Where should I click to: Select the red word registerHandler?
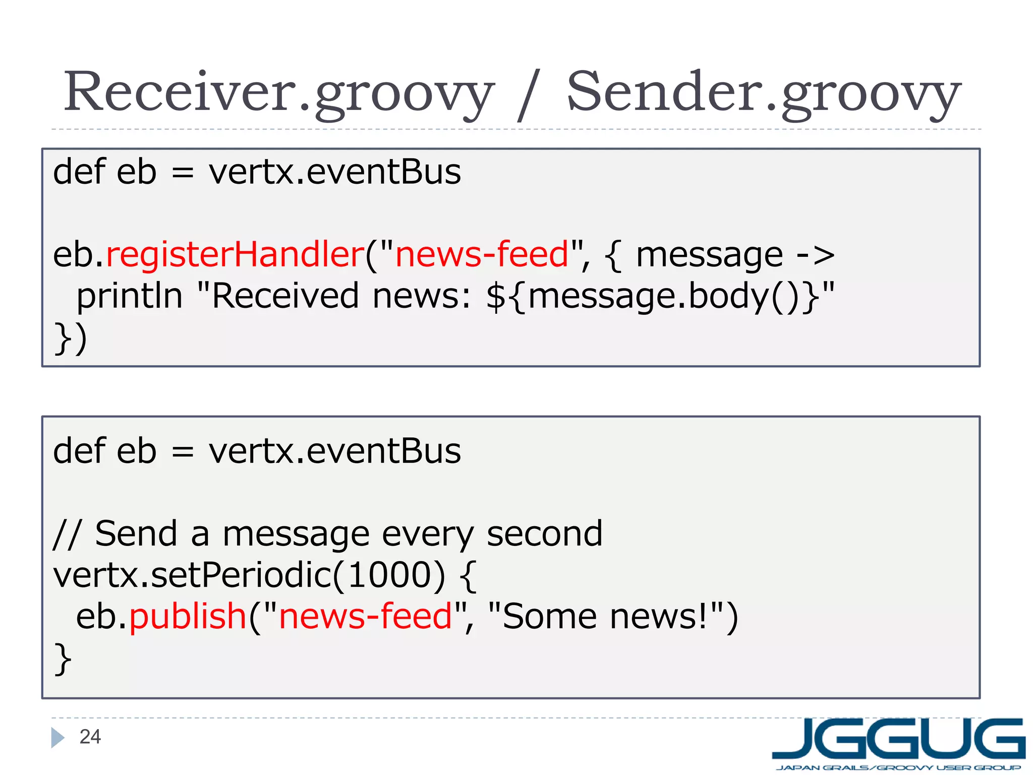pos(235,254)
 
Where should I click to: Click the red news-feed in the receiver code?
pos(482,254)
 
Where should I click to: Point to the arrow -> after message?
pos(815,255)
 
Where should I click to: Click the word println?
pos(129,296)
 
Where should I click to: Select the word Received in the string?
pos(285,296)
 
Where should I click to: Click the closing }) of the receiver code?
pos(71,338)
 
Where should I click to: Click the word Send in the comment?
pos(136,534)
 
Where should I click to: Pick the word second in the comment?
pos(544,534)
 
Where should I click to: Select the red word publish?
pos(188,617)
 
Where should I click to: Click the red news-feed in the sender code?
pos(365,617)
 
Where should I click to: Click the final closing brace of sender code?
pos(63,658)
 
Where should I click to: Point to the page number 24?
pos(90,737)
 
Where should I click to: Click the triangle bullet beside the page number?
pos(58,738)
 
